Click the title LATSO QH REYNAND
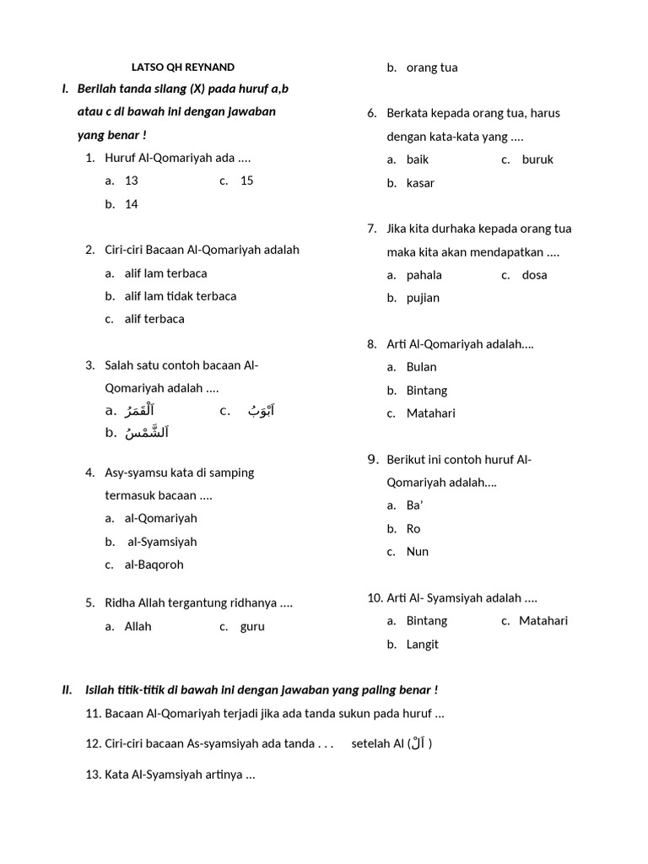pos(182,67)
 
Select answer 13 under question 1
pos(131,181)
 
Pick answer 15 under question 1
pos(246,181)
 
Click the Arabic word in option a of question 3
pos(139,411)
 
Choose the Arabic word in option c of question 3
pos(261,411)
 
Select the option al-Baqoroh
pos(154,564)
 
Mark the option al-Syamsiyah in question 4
pos(162,542)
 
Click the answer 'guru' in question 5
pos(252,627)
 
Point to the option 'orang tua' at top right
pos(432,67)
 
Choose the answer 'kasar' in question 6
pos(421,183)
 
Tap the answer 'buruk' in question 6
pos(537,159)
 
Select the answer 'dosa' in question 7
pos(534,275)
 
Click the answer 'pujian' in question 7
pos(423,298)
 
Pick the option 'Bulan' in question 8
pos(421,367)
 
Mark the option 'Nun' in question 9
pos(418,552)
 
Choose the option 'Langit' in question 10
pos(423,645)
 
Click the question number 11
pos(93,714)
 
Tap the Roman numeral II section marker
pos(67,690)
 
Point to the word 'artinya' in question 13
pos(220,775)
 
